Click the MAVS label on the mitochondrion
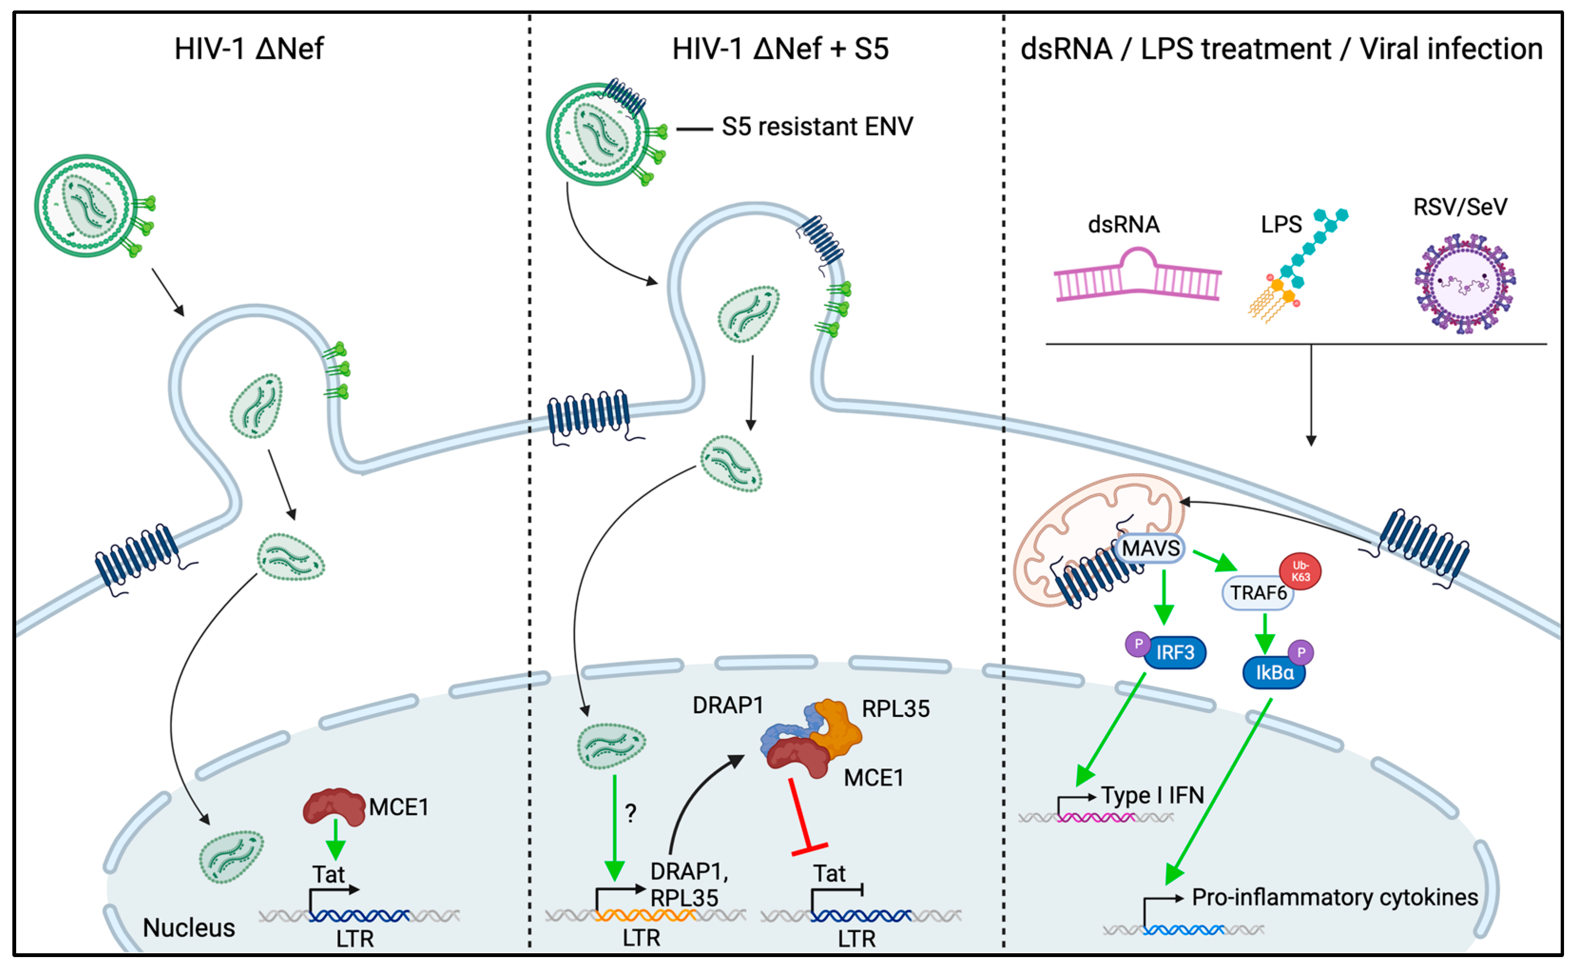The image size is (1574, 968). (1150, 549)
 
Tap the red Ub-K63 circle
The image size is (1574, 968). (1300, 571)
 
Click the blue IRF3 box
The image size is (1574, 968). (1175, 652)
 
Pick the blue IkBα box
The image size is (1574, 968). (1274, 673)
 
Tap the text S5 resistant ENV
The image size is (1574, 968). (817, 127)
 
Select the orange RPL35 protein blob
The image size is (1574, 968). (837, 728)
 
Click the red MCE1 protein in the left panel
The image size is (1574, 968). (333, 806)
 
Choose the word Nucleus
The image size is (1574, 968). (189, 928)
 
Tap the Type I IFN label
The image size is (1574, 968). (1153, 795)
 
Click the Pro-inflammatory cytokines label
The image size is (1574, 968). (1334, 897)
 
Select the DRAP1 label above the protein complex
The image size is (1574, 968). (728, 706)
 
